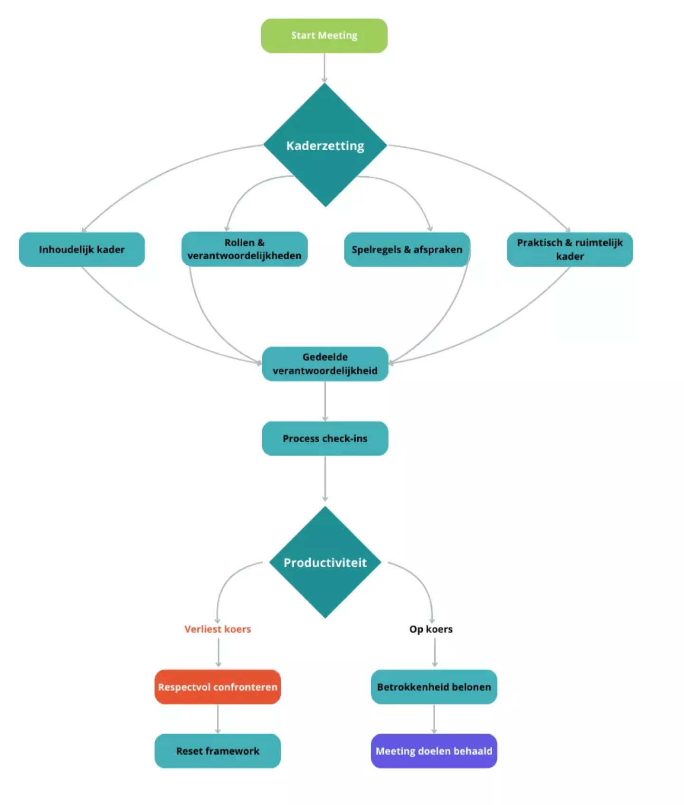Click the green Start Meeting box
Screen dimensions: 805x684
point(324,36)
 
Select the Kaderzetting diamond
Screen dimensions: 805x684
point(325,145)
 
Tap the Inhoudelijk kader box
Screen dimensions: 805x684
point(82,249)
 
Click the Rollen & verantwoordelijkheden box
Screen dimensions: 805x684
point(244,249)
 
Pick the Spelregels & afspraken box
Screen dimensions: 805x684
point(407,249)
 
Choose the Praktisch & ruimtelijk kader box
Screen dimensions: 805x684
point(570,249)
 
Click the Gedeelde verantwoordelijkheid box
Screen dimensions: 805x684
point(325,364)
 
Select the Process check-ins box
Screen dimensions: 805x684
point(325,438)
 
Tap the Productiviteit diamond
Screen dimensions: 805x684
point(325,563)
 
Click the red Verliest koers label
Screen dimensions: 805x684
point(218,629)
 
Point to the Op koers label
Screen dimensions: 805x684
point(431,629)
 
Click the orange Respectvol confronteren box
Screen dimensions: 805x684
point(218,687)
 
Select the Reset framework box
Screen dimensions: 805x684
point(218,751)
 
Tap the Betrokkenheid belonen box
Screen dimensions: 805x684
point(434,687)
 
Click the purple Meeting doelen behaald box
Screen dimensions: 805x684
point(434,751)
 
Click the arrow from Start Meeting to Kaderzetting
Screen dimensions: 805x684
point(324,68)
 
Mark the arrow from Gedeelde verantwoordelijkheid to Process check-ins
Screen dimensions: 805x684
point(325,401)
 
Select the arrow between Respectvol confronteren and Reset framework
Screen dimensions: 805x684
point(218,718)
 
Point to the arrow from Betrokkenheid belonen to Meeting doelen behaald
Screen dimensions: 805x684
point(434,718)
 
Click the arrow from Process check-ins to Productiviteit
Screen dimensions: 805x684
point(325,478)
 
